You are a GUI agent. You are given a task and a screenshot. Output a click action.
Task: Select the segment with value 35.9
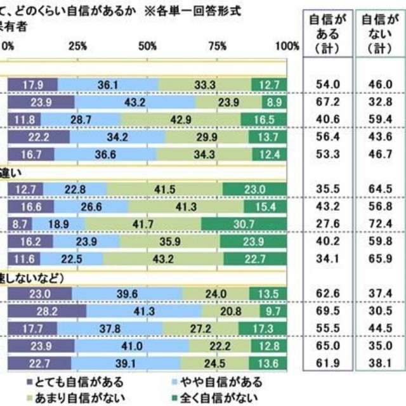[171, 240]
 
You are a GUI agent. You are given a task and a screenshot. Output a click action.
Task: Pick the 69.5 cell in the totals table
[329, 312]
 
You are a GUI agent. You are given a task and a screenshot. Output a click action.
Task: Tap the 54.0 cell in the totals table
[329, 84]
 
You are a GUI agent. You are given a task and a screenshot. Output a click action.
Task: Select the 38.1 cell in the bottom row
[379, 363]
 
